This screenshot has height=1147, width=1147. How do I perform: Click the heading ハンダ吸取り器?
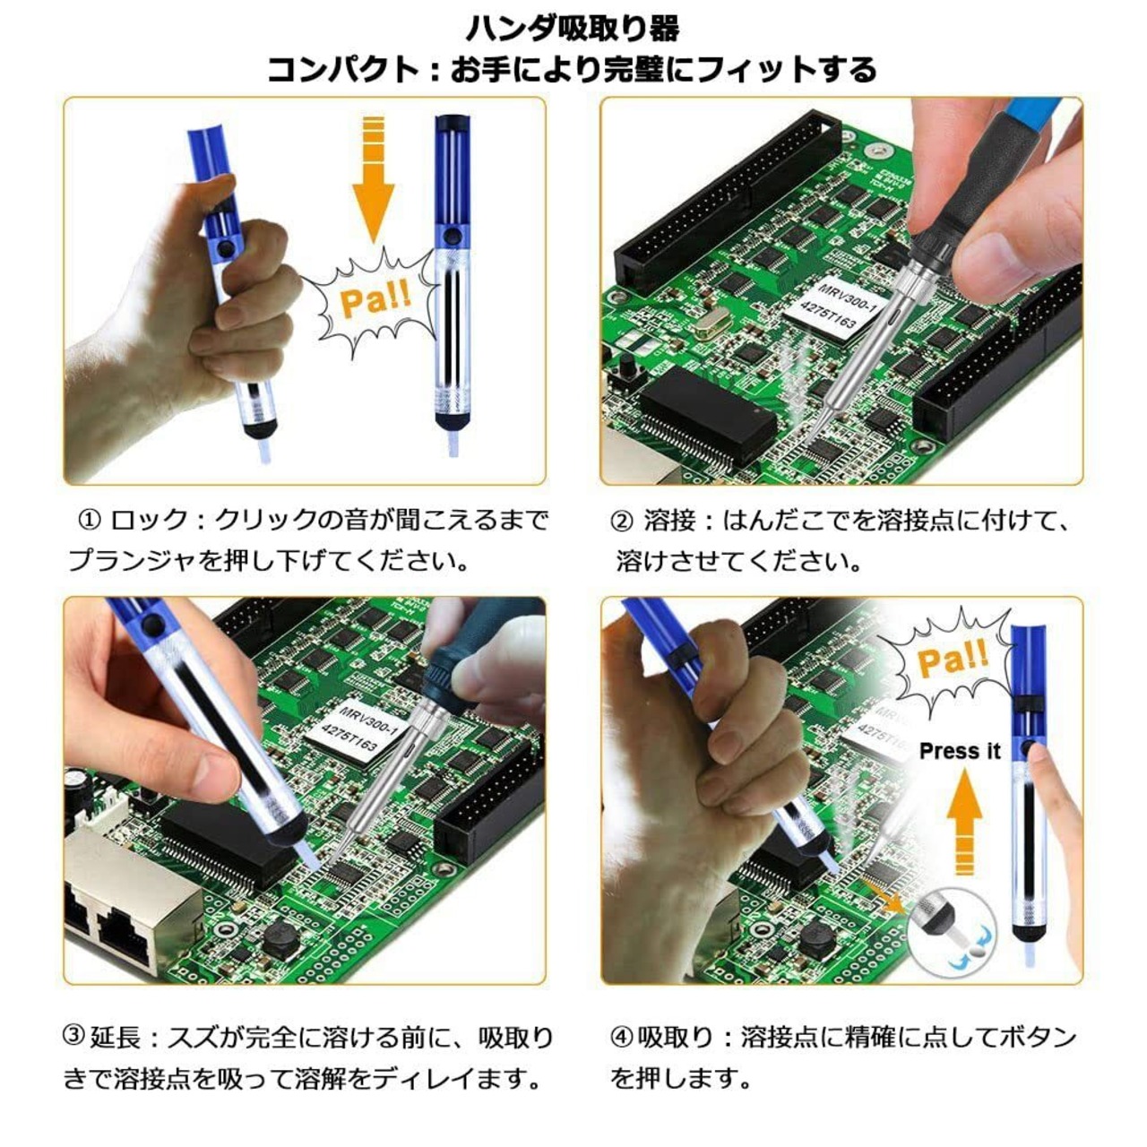coord(573,30)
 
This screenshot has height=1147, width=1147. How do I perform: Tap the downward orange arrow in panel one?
coord(373,180)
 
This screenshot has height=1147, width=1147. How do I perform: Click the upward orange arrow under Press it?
coord(964,824)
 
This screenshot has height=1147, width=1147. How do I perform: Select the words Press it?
coord(960,751)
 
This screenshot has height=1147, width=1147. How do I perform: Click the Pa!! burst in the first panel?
coord(375,303)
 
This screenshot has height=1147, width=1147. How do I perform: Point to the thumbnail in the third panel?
coord(204,776)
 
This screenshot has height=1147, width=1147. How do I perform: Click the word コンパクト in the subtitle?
coord(343,70)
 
